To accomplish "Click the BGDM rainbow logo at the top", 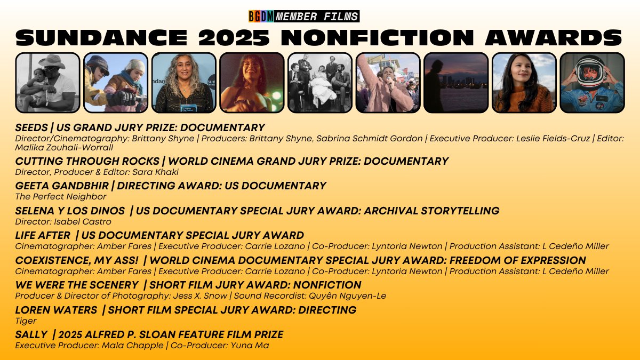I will pos(261,17).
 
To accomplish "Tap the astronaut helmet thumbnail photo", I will pos(592,82).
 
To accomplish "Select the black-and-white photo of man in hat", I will pos(47,82).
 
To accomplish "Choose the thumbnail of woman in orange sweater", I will pos(524,82).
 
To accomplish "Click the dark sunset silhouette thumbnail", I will pos(456,82).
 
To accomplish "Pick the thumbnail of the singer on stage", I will pos(252,82).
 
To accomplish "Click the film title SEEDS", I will pos(31,128).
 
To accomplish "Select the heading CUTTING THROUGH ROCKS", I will pos(87,161).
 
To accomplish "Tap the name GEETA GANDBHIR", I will pos(63,186).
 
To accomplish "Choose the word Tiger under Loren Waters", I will pos(26,321).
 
